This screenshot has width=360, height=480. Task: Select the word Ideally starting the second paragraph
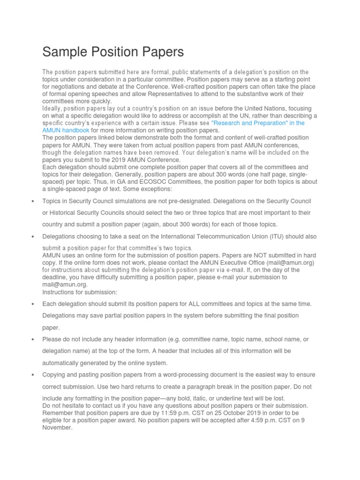tap(52, 109)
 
